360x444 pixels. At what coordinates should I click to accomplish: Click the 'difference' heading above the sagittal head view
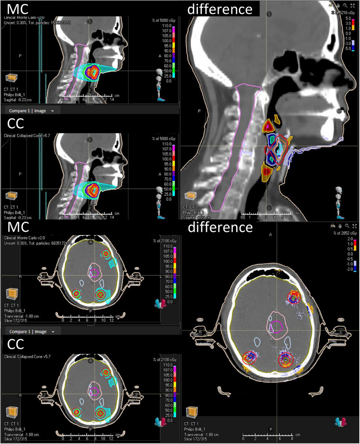coord(220,9)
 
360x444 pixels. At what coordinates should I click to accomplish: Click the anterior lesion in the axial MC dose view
coord(106,254)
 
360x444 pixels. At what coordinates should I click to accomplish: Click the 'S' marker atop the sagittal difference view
coord(269,14)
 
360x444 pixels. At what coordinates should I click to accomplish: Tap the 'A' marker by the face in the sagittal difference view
coord(339,110)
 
